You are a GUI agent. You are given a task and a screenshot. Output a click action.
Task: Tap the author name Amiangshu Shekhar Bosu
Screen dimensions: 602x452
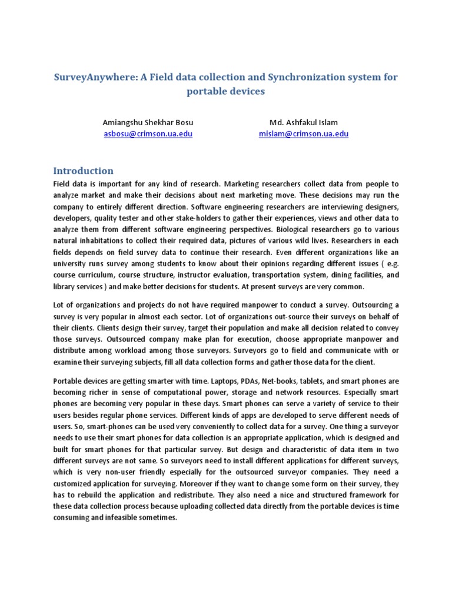pos(148,122)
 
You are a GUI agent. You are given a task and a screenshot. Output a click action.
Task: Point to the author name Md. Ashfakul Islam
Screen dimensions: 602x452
pos(304,122)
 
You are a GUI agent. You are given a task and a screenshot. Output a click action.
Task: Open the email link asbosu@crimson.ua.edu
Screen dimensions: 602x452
pos(148,133)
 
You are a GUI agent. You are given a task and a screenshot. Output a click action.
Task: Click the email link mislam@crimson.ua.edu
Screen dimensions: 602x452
pos(304,133)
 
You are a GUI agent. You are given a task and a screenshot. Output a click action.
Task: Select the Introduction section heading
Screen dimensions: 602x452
pos(84,171)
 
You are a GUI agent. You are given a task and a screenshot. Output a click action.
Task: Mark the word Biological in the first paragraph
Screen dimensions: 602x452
pos(303,229)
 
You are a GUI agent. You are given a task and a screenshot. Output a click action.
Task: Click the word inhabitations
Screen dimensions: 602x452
pos(105,240)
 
